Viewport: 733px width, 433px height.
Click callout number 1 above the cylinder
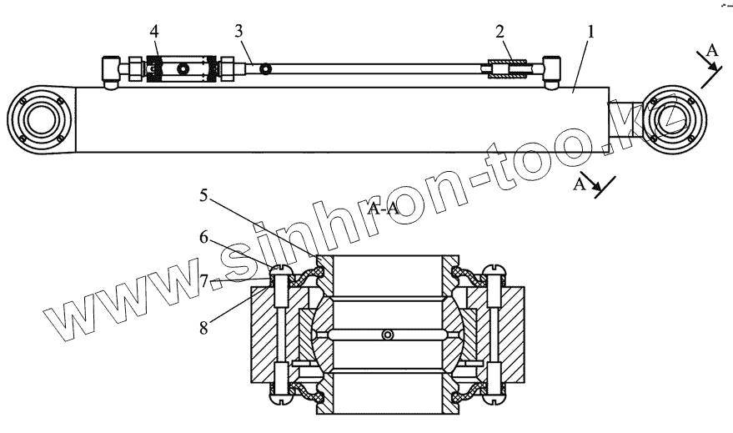(590, 33)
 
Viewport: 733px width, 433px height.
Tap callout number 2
(500, 33)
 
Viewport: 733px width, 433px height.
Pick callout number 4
(154, 32)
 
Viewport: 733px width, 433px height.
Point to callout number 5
(204, 197)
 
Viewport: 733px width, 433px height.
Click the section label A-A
(384, 209)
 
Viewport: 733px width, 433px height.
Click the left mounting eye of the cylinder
(39, 120)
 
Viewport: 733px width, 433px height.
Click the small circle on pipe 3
(266, 68)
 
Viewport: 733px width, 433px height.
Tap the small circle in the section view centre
(385, 335)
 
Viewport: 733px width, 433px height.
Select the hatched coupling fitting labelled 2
(508, 68)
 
